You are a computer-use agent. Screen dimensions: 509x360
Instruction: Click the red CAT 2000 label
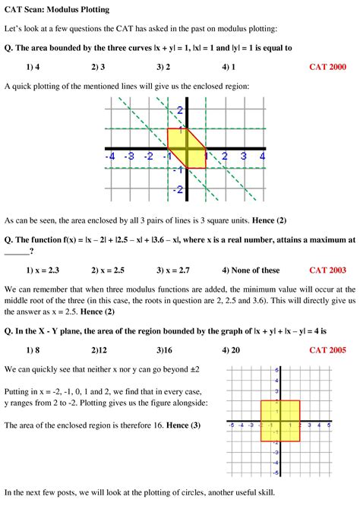[x=327, y=67]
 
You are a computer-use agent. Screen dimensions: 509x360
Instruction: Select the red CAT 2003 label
[x=327, y=270]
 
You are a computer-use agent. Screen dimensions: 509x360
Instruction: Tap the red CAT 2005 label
[x=327, y=350]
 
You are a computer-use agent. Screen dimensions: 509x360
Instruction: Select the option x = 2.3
[x=43, y=270]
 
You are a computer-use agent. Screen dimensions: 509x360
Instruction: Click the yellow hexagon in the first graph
[x=186, y=148]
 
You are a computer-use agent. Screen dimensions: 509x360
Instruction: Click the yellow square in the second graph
[x=279, y=421]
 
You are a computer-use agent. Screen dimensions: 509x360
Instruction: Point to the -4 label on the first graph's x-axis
[x=111, y=156]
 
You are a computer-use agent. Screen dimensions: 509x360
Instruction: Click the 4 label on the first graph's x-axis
[x=261, y=156]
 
